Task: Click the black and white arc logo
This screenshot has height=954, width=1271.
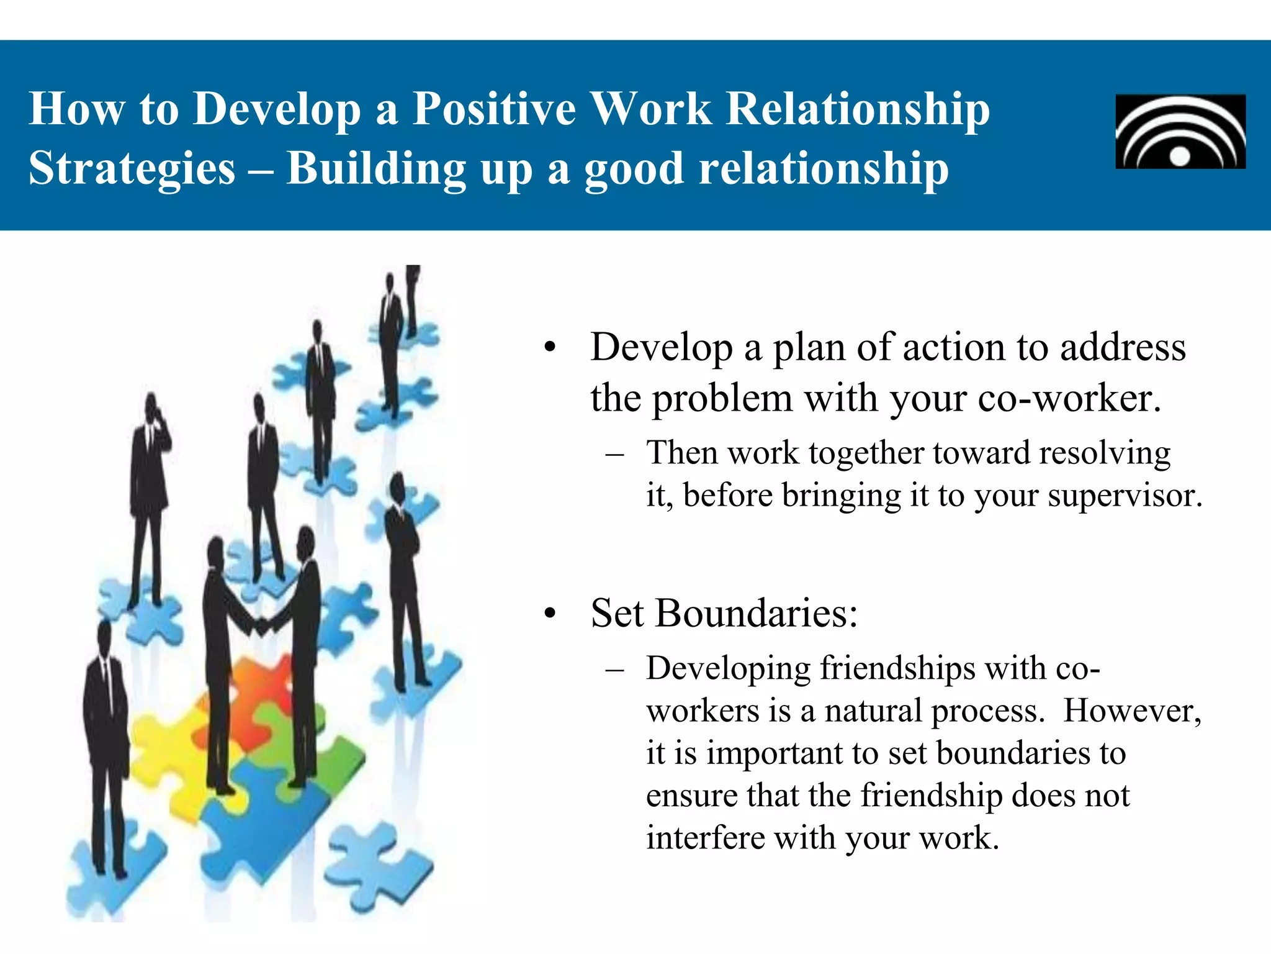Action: [1180, 132]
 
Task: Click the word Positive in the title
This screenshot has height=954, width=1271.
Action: [494, 109]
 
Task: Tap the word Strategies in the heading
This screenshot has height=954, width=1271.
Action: [132, 169]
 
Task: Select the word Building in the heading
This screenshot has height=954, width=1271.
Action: [376, 169]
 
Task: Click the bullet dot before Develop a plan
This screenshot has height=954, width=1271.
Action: [549, 348]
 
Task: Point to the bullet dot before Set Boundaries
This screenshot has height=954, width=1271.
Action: [549, 614]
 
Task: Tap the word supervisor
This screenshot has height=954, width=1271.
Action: [1125, 496]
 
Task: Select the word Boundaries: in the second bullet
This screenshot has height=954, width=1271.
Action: [756, 614]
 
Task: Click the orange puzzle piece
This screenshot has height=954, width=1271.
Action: [261, 683]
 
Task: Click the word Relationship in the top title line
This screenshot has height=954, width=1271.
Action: [857, 109]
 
